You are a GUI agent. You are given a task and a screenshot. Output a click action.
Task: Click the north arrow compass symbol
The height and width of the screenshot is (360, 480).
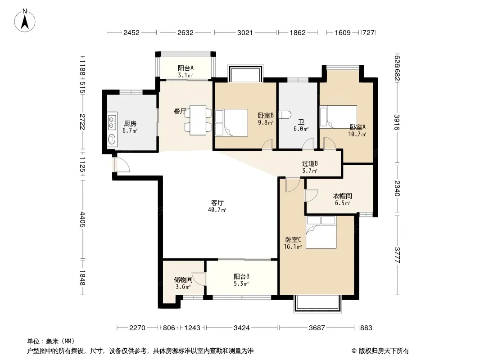[x=25, y=20]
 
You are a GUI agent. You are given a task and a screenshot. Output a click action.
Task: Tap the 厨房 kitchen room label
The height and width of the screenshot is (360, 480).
[x=130, y=124]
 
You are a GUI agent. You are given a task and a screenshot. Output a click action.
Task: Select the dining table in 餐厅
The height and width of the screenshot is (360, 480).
[x=198, y=120]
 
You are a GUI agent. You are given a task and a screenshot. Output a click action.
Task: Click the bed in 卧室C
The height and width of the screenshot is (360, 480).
[x=321, y=232]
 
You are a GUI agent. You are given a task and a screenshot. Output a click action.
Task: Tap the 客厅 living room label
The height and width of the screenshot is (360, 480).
[x=217, y=202]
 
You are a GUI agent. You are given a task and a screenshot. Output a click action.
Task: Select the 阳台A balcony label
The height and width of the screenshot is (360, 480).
[x=186, y=68]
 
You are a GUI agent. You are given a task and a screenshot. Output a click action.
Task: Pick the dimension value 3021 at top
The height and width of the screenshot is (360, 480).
[x=245, y=32]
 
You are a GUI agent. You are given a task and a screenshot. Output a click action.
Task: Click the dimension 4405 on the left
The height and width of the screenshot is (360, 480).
[x=82, y=219]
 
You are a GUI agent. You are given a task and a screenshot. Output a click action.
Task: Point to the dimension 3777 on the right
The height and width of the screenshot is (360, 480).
[x=397, y=255]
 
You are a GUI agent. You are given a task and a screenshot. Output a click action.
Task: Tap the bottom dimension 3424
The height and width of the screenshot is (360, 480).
[x=241, y=328]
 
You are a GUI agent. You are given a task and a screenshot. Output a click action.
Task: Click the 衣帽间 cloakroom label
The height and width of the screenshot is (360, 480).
[x=342, y=196]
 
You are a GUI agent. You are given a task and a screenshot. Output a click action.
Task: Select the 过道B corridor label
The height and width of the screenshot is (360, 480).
[x=310, y=164]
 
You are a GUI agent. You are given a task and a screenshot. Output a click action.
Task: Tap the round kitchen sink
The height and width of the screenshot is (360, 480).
[x=112, y=139]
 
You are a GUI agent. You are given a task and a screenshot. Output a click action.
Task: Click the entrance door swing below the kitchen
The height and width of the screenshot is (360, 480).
[x=122, y=165]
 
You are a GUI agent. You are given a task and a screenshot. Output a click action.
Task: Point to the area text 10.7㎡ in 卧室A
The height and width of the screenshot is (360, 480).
[x=357, y=134]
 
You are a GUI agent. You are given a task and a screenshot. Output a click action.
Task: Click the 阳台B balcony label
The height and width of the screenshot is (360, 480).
[x=241, y=276]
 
